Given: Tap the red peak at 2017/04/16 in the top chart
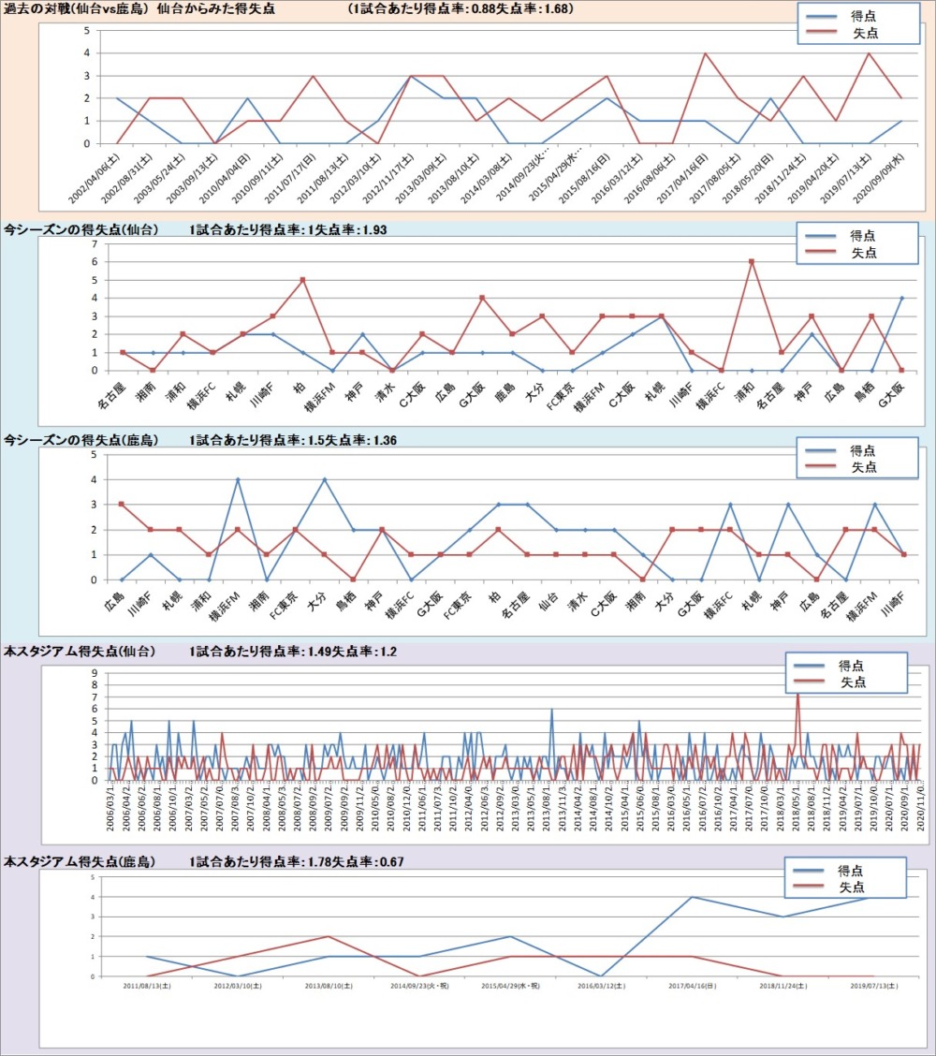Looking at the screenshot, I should coord(704,53).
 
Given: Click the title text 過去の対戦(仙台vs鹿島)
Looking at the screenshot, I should coord(76,8).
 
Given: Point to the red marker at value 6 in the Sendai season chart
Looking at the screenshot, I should coord(752,261).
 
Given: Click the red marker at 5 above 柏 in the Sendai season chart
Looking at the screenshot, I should coord(302,280).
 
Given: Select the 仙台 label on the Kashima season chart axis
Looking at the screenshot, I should coord(551,598).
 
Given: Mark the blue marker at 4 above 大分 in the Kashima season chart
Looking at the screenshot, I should coord(325,479).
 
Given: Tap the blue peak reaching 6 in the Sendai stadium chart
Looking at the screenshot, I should coord(551,710).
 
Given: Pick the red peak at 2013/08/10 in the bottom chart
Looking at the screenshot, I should coord(327,936).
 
